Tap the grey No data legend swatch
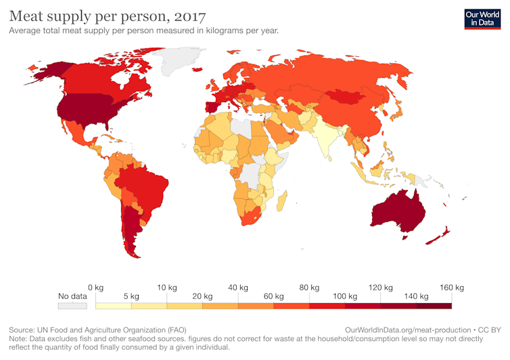point(72,306)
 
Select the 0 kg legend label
point(95,288)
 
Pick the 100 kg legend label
point(345,296)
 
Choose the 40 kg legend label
point(237,288)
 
